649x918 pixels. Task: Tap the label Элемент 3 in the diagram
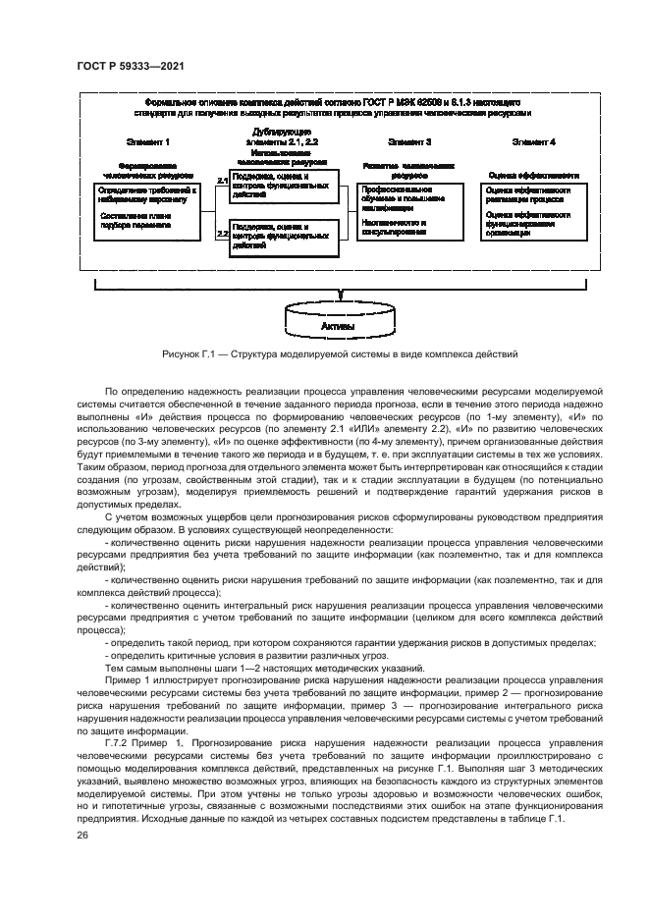[x=409, y=142]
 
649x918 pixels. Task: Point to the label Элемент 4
[x=533, y=142]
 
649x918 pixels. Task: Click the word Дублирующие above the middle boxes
[x=282, y=131]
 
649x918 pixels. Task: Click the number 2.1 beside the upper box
[x=222, y=182]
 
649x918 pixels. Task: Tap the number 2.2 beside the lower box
[x=222, y=234]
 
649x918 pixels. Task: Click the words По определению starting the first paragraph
[x=139, y=391]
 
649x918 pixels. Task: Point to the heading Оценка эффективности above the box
[x=533, y=175]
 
